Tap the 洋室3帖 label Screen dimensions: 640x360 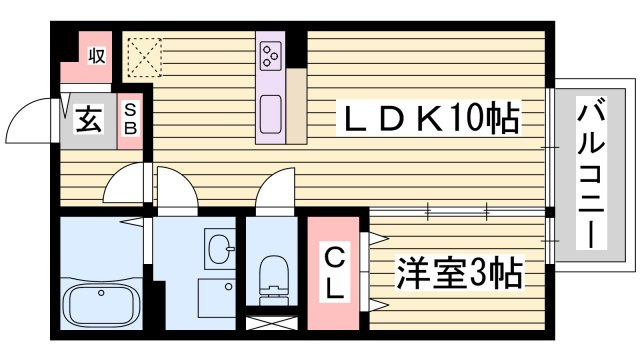[459, 272]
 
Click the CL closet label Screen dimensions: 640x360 [334, 272]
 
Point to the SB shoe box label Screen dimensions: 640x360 [130, 119]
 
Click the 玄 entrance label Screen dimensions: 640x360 [89, 119]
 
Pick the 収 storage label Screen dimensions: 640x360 [97, 56]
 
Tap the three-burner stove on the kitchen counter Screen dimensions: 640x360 [270, 55]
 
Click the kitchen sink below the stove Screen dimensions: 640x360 [270, 114]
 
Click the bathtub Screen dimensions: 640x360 [101, 305]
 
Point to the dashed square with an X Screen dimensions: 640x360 [144, 57]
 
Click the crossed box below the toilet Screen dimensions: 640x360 [272, 323]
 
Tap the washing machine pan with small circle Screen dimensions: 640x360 [217, 298]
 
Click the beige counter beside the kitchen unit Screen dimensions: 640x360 [296, 106]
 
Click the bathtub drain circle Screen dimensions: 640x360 [101, 293]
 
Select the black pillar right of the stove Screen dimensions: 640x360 [296, 49]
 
